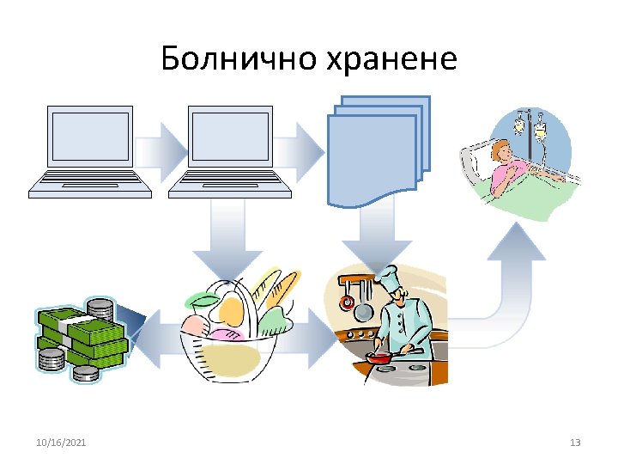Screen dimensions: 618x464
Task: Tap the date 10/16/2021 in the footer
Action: click(x=61, y=443)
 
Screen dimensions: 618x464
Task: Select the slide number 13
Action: click(x=575, y=443)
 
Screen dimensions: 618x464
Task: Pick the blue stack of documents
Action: click(x=376, y=150)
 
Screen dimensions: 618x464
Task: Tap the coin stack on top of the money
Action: click(x=100, y=308)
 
